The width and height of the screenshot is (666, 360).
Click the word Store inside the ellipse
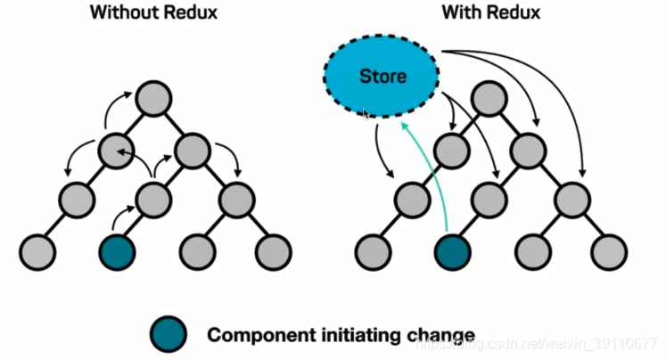382,77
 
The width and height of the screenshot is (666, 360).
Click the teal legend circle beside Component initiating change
169,334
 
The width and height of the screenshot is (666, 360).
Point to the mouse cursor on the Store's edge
365,114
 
